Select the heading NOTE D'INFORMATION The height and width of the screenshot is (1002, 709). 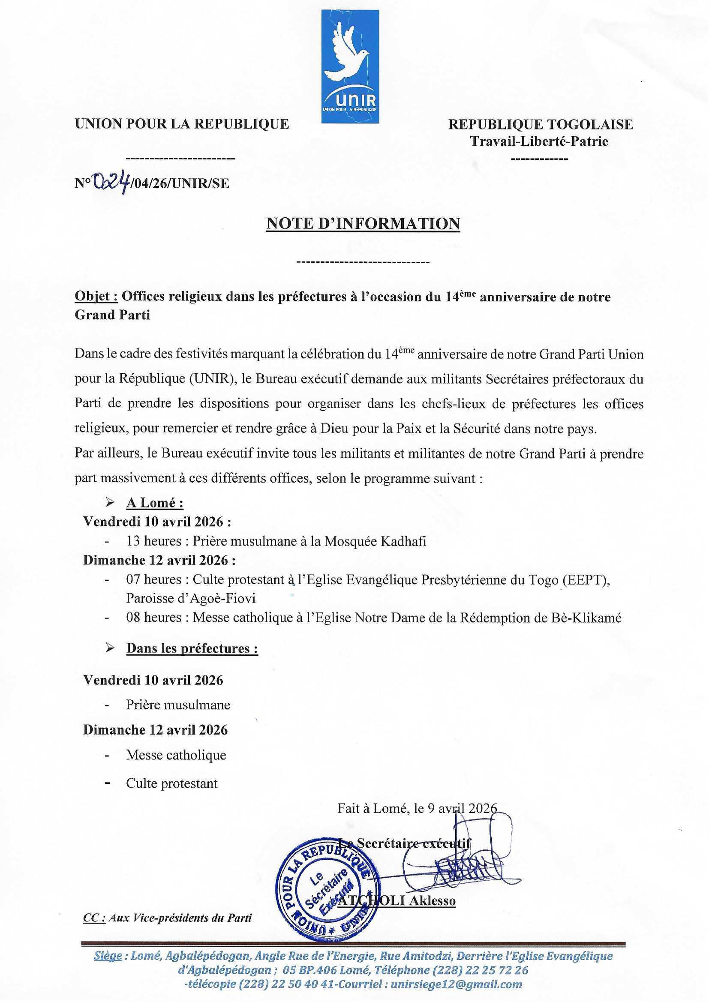(x=363, y=223)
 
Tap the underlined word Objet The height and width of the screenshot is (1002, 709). (x=96, y=297)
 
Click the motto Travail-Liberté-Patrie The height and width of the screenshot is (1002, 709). (x=539, y=141)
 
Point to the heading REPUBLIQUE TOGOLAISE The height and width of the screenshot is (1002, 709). (x=541, y=124)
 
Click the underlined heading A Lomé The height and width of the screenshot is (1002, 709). (x=155, y=503)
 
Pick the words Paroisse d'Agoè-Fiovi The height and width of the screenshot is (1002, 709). (x=191, y=597)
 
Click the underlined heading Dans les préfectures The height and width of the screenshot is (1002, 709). (x=192, y=648)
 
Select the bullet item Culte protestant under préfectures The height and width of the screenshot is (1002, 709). (x=171, y=783)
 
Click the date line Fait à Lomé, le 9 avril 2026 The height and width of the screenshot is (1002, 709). (x=417, y=808)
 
